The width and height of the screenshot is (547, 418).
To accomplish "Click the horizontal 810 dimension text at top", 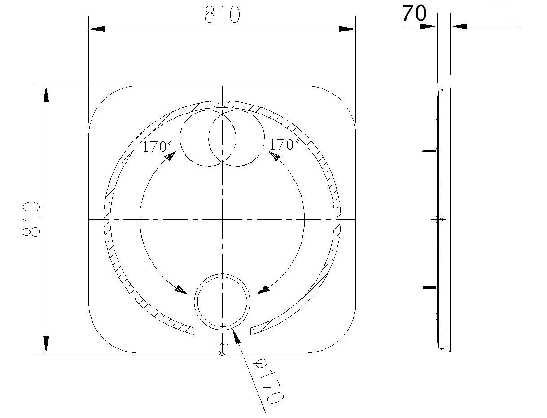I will click(x=222, y=15).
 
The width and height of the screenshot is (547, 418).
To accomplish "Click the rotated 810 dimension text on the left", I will click(x=32, y=219).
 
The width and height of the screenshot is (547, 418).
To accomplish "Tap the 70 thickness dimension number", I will click(x=414, y=13).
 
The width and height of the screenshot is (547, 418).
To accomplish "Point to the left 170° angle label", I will click(x=157, y=146).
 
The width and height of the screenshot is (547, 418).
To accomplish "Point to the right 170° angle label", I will click(x=284, y=145).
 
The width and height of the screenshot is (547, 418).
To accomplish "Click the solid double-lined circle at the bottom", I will click(x=222, y=300).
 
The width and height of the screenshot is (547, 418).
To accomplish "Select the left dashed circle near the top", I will click(x=208, y=138).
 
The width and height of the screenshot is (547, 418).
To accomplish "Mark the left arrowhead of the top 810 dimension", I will click(x=96, y=29).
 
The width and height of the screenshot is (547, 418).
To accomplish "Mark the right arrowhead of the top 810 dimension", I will click(x=347, y=29).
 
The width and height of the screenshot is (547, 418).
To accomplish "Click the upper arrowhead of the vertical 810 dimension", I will click(x=46, y=95).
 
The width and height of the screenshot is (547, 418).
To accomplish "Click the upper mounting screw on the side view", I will click(x=429, y=151).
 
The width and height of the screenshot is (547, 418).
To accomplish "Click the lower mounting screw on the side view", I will click(x=429, y=287).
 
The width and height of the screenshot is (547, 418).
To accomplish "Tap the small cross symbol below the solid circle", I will click(x=222, y=345).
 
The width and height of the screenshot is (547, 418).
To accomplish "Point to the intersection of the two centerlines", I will click(x=222, y=219).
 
